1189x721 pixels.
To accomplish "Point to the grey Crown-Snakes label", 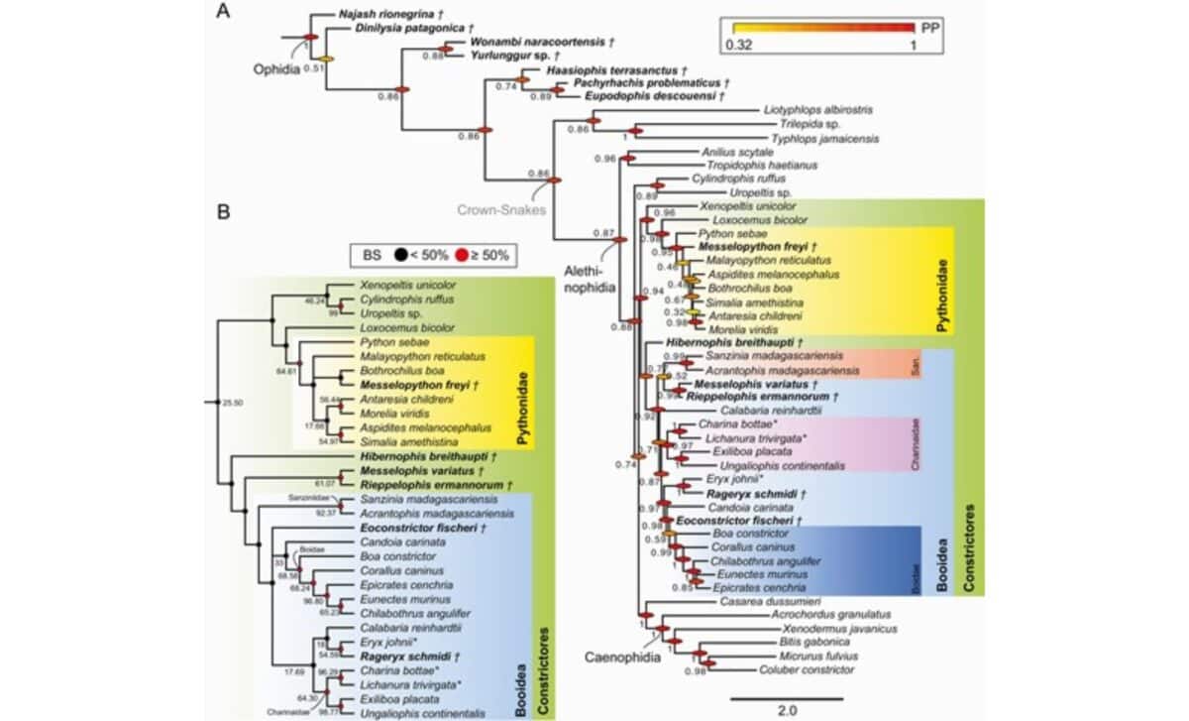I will [502, 210].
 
